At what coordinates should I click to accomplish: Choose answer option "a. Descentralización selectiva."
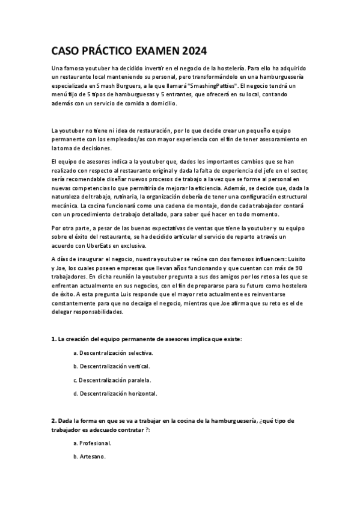click(x=112, y=352)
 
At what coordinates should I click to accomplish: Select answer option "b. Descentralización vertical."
click(x=111, y=366)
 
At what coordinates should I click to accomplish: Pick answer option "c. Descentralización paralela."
click(x=112, y=379)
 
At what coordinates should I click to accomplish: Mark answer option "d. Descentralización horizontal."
click(x=115, y=393)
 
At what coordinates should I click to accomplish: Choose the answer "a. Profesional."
click(x=92, y=443)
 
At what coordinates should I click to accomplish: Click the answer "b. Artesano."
click(x=90, y=457)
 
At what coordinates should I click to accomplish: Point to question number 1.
click(x=53, y=339)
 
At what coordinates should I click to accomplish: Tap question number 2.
click(x=53, y=420)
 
